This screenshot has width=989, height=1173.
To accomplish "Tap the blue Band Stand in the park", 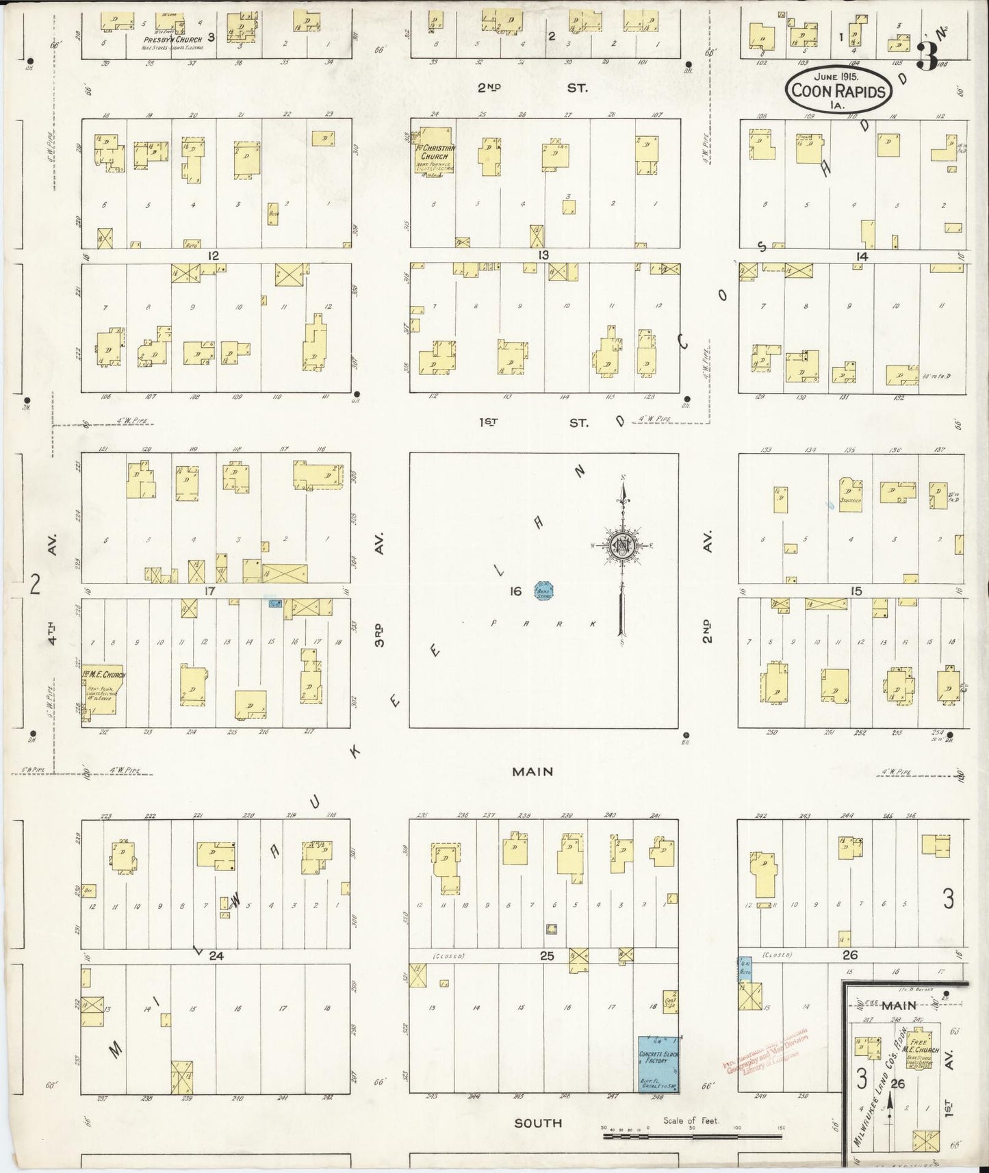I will [x=543, y=590].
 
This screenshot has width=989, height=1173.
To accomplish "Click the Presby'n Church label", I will [x=172, y=40].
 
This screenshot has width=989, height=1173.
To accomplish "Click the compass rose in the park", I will [x=623, y=545].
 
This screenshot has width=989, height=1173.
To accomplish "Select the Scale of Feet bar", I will [x=691, y=1137].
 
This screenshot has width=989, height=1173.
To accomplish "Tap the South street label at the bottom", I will [x=539, y=1123].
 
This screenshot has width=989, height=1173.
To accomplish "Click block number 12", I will [x=213, y=255].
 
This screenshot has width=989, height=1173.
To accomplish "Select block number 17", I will [x=209, y=591].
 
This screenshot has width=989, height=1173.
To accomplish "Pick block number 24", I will [x=216, y=956].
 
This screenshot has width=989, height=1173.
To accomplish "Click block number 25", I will [x=546, y=955].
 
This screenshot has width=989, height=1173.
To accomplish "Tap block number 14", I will [x=861, y=256].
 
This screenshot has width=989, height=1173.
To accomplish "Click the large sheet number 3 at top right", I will [x=927, y=56].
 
